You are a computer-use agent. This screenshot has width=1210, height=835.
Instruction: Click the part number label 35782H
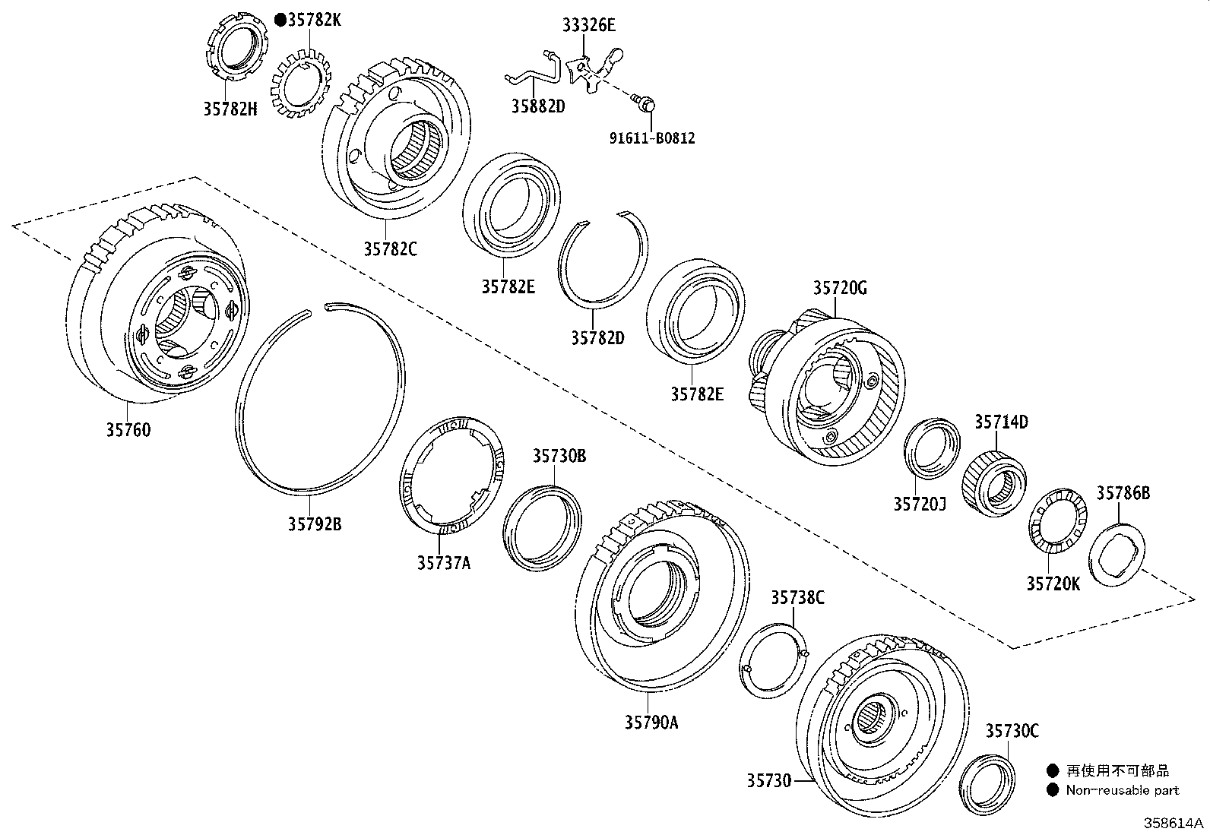coord(230,109)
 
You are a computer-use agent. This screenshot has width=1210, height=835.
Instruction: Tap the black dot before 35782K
coord(280,21)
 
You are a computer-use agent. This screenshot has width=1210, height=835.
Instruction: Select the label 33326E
coord(588,25)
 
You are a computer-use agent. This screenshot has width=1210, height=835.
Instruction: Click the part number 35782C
coord(390,248)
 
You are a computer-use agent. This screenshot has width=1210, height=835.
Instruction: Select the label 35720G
coord(840,288)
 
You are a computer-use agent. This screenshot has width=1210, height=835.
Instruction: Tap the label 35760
coord(128,430)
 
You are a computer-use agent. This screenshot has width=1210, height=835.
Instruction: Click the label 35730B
coord(559,456)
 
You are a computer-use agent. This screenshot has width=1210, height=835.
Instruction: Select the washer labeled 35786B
coord(1117,553)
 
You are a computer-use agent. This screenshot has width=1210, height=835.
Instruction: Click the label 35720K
coord(1053,583)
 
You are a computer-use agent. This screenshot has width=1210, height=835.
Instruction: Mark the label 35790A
coord(651,723)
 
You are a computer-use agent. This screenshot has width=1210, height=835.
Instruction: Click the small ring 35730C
coord(987,783)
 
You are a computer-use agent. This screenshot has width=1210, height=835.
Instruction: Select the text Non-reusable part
coord(1122,790)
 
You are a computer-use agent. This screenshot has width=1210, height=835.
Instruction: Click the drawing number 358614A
coord(1175,824)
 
